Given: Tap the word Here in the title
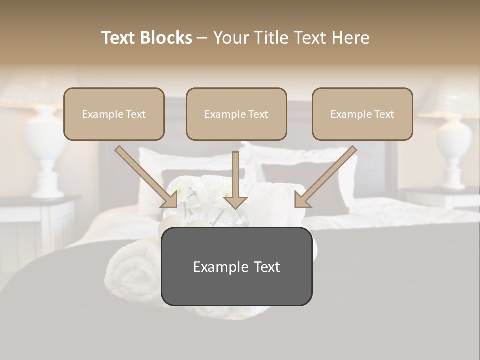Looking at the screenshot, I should [350, 38].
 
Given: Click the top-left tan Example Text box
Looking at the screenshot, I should [114, 114].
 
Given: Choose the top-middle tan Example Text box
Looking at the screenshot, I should [236, 114].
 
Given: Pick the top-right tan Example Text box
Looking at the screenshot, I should [362, 114].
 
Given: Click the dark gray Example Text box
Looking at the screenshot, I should [236, 266].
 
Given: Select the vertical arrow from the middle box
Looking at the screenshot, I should [235, 180].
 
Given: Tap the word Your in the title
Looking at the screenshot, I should [230, 38].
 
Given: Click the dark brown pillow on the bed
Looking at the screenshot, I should [300, 180].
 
